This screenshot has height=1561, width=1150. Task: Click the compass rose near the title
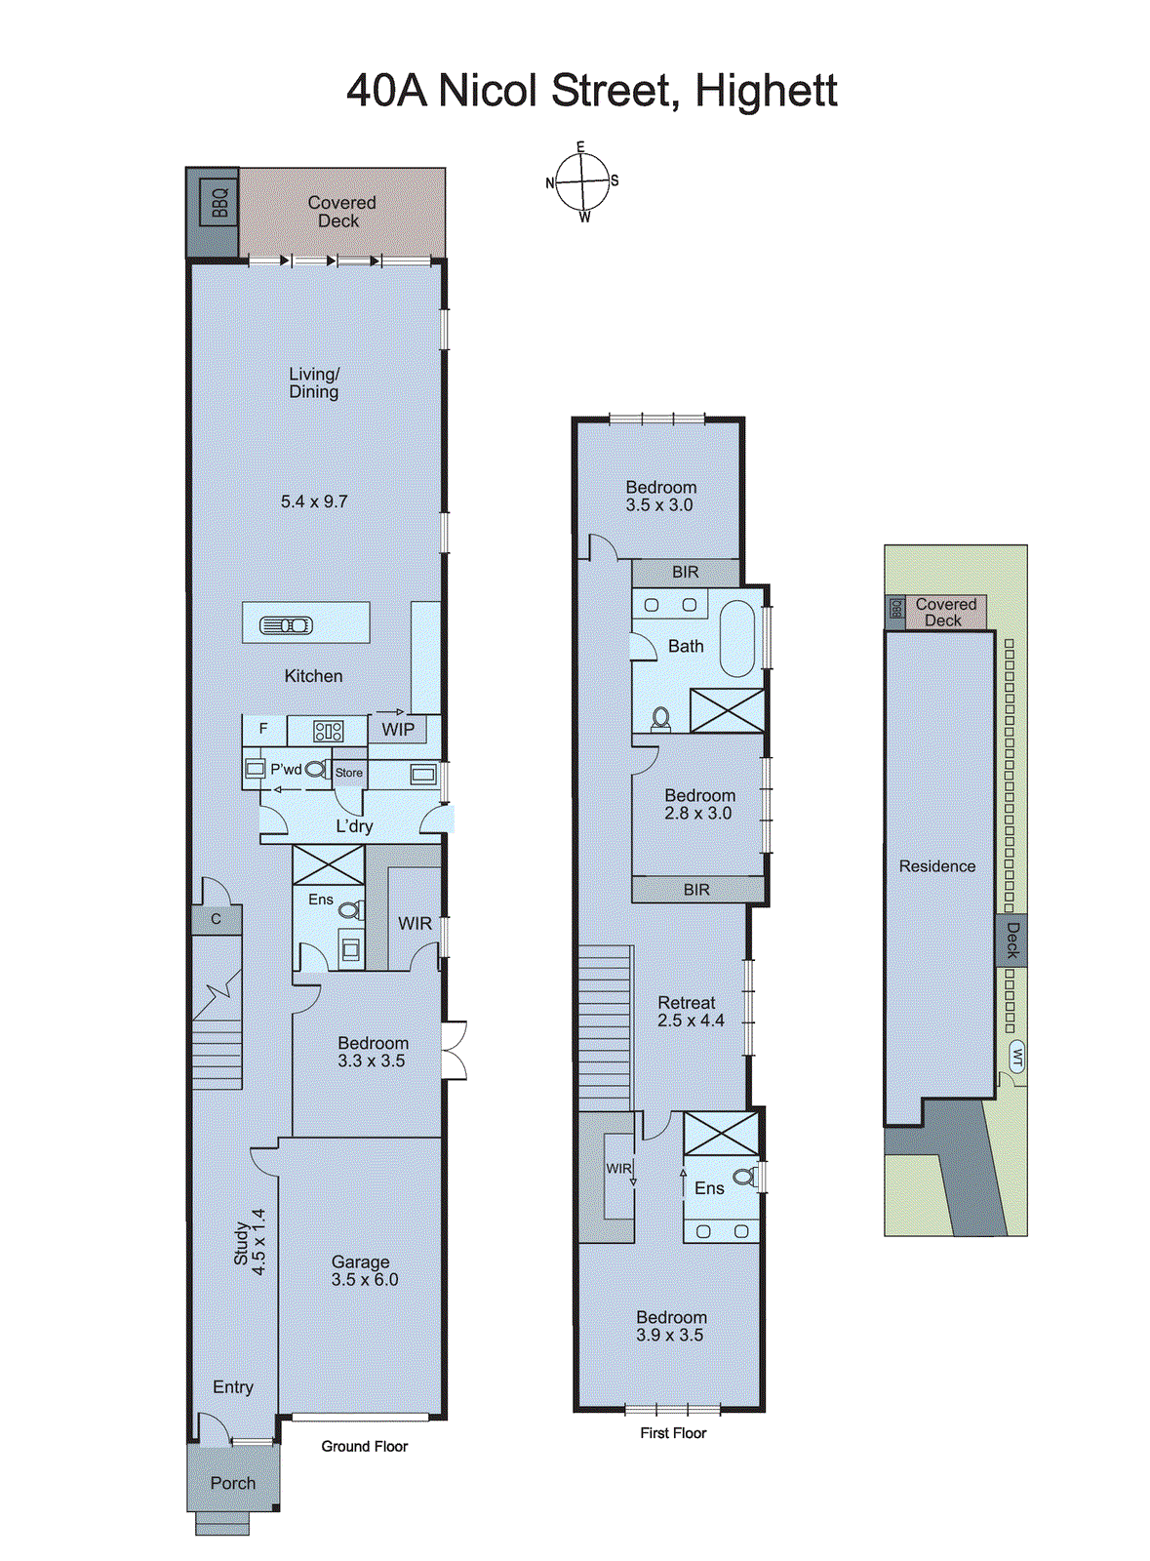tap(582, 182)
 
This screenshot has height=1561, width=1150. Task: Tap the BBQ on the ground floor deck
tap(218, 203)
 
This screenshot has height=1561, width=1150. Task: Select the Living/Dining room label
tap(314, 382)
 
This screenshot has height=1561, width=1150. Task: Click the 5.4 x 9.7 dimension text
tap(314, 501)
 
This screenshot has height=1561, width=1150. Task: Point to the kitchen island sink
tap(286, 624)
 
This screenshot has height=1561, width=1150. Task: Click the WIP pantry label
tap(398, 729)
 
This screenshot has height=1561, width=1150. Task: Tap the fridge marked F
tap(263, 729)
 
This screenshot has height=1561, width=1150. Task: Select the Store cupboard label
tap(348, 773)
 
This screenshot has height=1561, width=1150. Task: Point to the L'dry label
tap(354, 826)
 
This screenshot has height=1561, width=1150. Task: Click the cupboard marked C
tap(216, 919)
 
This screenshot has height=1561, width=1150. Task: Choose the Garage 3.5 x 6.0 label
tap(363, 1270)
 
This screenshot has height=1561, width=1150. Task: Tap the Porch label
tap(233, 1483)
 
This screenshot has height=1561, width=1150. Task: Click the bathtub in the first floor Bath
tap(737, 638)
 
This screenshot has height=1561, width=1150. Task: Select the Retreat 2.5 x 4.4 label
tap(690, 1012)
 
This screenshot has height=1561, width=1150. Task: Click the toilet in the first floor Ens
tap(744, 1177)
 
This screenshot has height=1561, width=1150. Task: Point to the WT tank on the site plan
tap(1017, 1057)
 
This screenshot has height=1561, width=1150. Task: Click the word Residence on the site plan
tap(936, 866)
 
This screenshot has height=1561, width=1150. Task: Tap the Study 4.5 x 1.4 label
tap(250, 1243)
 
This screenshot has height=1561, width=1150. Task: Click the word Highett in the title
tap(766, 91)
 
